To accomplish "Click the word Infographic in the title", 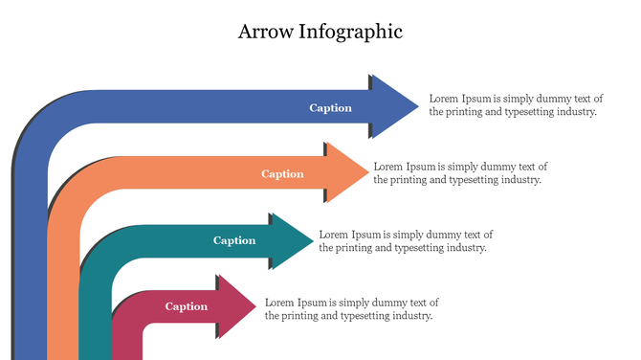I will [x=351, y=33].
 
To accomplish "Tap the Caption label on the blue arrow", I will [x=330, y=108].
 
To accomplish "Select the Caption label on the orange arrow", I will [x=282, y=174].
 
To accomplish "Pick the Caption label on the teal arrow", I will [x=234, y=240].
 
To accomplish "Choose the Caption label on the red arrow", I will [x=187, y=306].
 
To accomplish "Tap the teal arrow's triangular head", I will [x=290, y=240].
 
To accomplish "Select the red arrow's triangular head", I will [x=235, y=306].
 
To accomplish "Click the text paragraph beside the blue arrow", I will [x=515, y=104].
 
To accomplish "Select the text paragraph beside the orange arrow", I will [x=460, y=172].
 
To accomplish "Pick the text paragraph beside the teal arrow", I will [x=406, y=240].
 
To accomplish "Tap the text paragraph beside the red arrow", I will [x=351, y=308].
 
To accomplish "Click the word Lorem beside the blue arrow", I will [x=444, y=98].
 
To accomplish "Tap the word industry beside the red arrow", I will [x=412, y=315].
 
